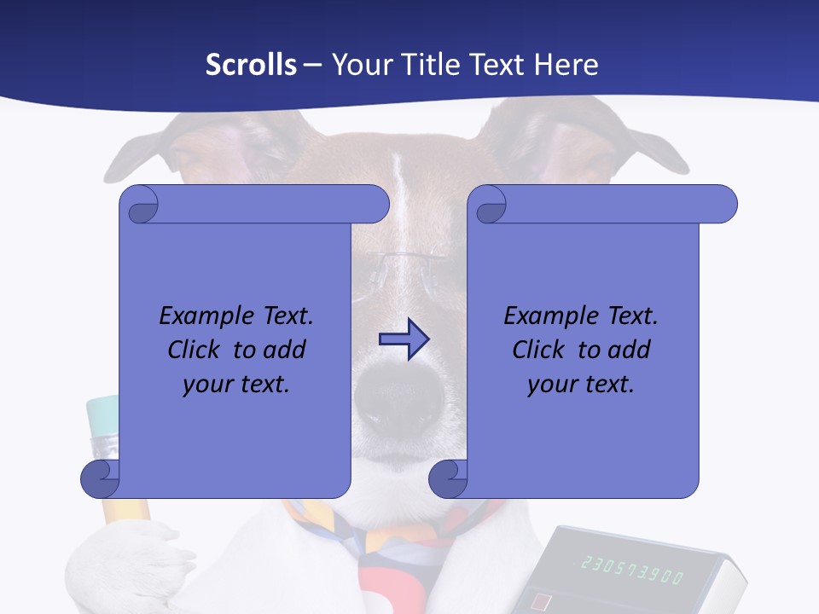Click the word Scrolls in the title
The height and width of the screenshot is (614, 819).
(251, 65)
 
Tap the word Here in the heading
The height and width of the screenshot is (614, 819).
(566, 65)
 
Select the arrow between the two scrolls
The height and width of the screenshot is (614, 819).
(404, 339)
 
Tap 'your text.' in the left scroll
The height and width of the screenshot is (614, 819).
(236, 384)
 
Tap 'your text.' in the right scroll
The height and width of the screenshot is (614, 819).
(581, 384)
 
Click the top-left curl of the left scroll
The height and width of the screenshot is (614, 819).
(140, 206)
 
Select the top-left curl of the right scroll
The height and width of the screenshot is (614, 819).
(489, 206)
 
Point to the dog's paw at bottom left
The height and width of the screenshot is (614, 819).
(128, 563)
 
